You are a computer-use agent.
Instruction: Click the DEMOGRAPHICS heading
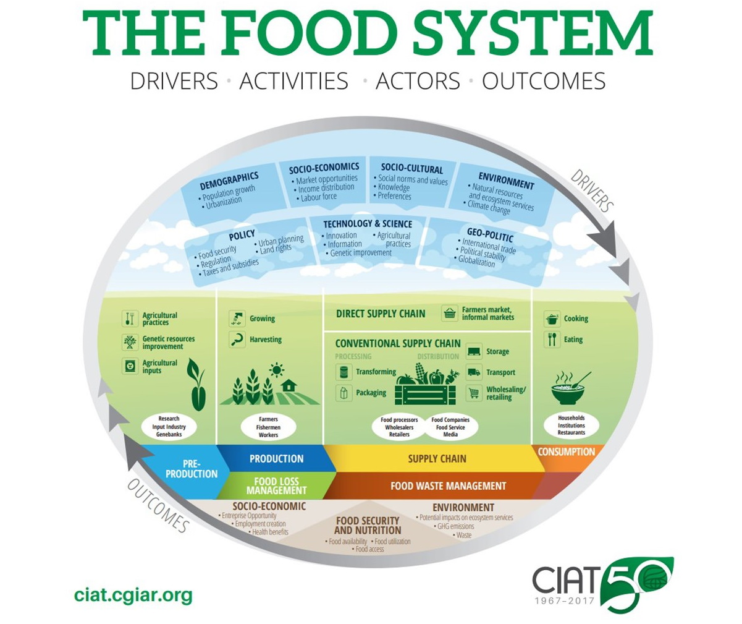pyautogui.click(x=229, y=181)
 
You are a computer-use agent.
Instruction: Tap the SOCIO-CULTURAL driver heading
pyautogui.click(x=411, y=168)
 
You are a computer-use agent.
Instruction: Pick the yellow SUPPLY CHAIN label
pyautogui.click(x=437, y=459)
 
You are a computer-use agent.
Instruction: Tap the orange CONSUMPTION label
pyautogui.click(x=566, y=452)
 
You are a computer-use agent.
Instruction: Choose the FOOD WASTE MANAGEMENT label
pyautogui.click(x=448, y=486)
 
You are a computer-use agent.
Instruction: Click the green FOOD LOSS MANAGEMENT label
pyautogui.click(x=276, y=486)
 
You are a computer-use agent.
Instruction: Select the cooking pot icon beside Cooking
pyautogui.click(x=552, y=318)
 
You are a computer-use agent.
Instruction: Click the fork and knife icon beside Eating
pyautogui.click(x=552, y=340)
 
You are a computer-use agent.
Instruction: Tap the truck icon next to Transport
pyautogui.click(x=474, y=372)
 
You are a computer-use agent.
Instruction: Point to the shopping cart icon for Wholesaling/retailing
pyautogui.click(x=474, y=393)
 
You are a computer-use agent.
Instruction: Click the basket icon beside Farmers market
pyautogui.click(x=450, y=313)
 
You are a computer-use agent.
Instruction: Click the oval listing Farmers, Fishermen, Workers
pyautogui.click(x=268, y=427)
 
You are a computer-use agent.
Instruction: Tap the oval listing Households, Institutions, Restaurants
pyautogui.click(x=571, y=425)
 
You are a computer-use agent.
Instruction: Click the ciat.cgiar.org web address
pyautogui.click(x=133, y=596)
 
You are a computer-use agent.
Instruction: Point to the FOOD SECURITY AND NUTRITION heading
pyautogui.click(x=368, y=526)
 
